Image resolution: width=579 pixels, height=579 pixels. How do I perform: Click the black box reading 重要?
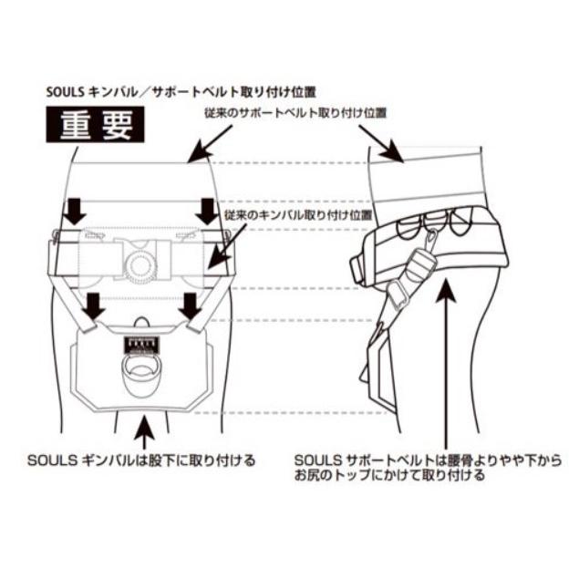[96, 124]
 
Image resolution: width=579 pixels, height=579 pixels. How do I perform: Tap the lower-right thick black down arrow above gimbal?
[190, 305]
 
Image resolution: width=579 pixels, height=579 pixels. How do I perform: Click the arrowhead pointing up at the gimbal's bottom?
[140, 421]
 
